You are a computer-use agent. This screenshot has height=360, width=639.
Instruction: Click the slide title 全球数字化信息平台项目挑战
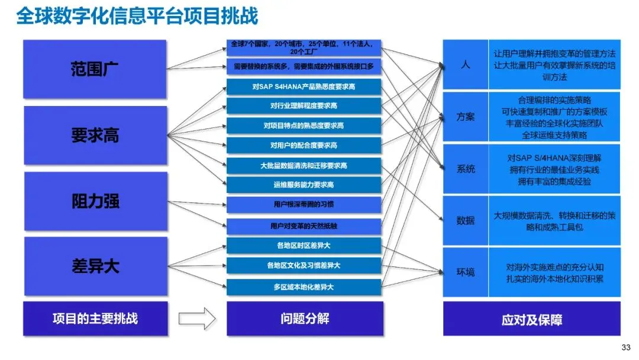(137, 17)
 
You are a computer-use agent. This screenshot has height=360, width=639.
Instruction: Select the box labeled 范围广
(95, 69)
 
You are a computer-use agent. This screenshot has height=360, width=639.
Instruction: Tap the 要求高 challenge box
(95, 136)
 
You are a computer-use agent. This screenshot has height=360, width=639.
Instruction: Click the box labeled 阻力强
(96, 201)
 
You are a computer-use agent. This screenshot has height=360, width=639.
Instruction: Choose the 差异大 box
(96, 266)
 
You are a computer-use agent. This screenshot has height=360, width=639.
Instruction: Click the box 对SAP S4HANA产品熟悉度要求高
(304, 87)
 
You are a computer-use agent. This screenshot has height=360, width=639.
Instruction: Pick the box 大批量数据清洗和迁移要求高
(304, 166)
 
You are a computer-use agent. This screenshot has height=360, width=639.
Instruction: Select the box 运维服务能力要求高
(304, 185)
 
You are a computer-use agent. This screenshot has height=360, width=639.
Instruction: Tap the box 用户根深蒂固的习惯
(304, 204)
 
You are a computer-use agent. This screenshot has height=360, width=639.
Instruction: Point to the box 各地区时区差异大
(304, 246)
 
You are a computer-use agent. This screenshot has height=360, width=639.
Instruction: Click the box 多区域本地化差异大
(304, 287)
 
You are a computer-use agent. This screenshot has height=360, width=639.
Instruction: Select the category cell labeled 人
(466, 65)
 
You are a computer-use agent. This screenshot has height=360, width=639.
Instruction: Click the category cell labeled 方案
(466, 117)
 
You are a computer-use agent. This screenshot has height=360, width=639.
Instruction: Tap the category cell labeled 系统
(466, 169)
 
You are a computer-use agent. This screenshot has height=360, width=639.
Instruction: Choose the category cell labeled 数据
(466, 221)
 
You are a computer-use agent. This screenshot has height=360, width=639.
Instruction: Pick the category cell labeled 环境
(466, 272)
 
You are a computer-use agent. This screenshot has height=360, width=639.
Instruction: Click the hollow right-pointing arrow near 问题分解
(197, 319)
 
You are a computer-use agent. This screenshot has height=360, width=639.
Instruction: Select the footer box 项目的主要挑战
(95, 319)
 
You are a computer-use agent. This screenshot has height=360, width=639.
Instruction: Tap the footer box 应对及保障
(532, 319)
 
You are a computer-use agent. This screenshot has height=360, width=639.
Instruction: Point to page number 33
(626, 348)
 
